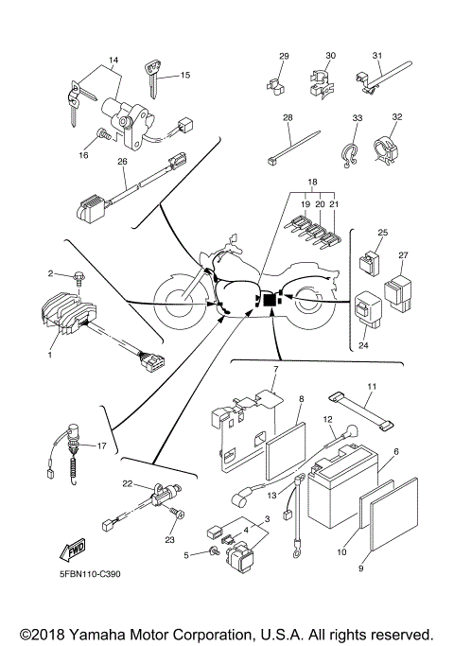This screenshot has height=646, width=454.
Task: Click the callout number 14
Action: [x=114, y=61]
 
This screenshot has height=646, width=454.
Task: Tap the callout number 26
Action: [x=122, y=162]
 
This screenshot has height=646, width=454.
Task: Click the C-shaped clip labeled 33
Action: [x=347, y=148]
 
